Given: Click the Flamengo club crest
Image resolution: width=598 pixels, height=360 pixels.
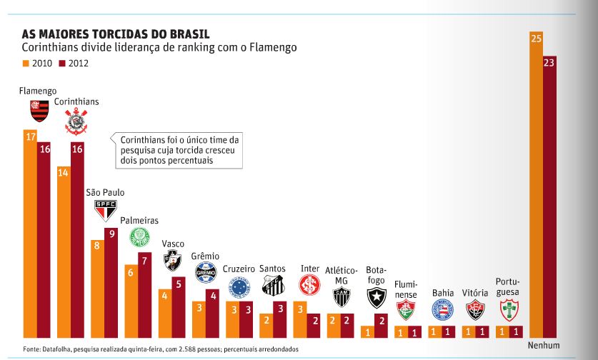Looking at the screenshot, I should [36, 111].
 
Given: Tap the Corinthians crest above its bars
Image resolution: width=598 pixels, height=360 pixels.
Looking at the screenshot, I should [77, 121].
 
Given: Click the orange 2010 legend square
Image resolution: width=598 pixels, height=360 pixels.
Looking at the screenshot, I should [26, 64].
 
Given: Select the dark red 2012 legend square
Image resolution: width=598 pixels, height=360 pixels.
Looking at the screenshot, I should [62, 64].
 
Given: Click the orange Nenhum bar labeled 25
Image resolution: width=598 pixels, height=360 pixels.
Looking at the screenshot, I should [536, 186].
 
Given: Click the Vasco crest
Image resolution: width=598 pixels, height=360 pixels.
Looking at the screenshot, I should [172, 262].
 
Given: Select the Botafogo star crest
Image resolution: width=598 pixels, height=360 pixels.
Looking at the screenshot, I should [376, 299].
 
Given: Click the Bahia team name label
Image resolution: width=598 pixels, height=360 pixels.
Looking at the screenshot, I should [443, 293].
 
